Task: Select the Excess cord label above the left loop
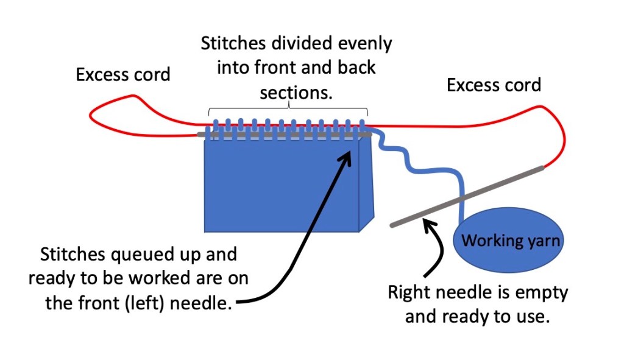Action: (123, 75)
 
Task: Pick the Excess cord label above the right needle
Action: (494, 85)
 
